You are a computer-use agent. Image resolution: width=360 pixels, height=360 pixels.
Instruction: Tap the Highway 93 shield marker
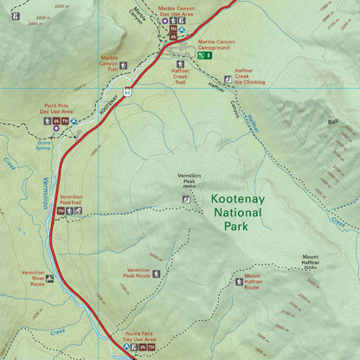tap(126, 90)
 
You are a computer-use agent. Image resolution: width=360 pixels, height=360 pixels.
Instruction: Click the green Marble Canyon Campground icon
tap(202, 55)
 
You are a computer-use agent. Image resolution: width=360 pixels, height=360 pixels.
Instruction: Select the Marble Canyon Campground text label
tap(216, 44)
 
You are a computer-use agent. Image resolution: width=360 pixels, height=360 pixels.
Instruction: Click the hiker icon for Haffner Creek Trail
tap(181, 64)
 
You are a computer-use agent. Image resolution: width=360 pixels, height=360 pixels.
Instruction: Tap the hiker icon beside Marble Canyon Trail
tap(124, 65)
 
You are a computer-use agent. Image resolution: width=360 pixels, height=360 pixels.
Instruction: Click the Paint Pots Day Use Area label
tap(56, 109)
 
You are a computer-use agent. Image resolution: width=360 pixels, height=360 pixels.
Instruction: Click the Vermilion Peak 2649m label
tap(194, 180)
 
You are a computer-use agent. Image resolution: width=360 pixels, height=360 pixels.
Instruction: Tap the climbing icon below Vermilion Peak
tap(184, 199)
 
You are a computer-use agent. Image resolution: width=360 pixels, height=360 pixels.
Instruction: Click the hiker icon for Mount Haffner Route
tap(236, 282)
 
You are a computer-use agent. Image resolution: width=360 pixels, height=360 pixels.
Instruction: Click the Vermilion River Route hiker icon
tap(50, 279)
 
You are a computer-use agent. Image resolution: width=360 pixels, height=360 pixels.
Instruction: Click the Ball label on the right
tap(332, 122)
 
